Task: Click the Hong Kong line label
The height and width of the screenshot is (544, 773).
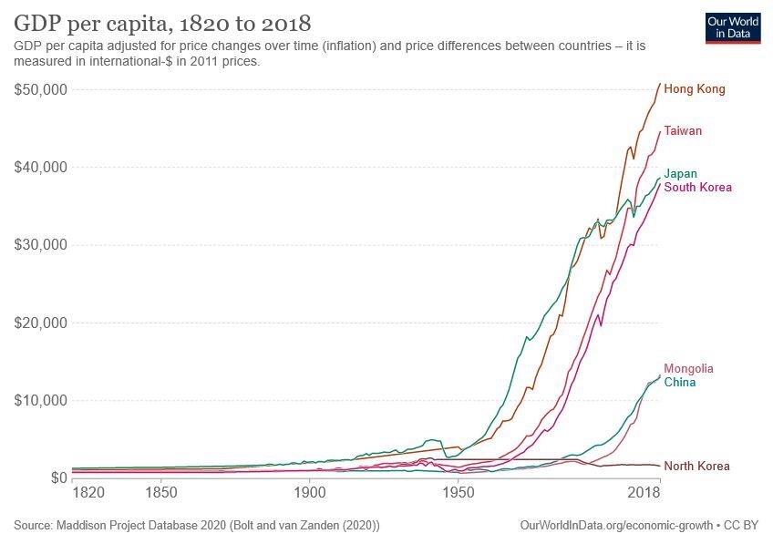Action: click(694, 89)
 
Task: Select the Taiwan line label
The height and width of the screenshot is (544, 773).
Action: click(683, 131)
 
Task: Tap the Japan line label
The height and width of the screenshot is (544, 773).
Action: click(680, 174)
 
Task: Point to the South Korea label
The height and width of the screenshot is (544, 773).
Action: click(697, 188)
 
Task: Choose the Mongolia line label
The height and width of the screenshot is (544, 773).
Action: click(688, 369)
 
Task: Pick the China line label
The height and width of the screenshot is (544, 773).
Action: click(679, 383)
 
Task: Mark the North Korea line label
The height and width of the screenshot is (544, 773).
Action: click(696, 467)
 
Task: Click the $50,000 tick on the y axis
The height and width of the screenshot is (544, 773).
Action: click(42, 89)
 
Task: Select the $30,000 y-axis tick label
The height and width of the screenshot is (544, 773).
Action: click(42, 245)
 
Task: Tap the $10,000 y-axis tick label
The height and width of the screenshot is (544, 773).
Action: click(42, 400)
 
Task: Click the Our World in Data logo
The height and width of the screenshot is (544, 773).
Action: click(733, 27)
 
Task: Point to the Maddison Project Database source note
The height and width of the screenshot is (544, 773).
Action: click(197, 526)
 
